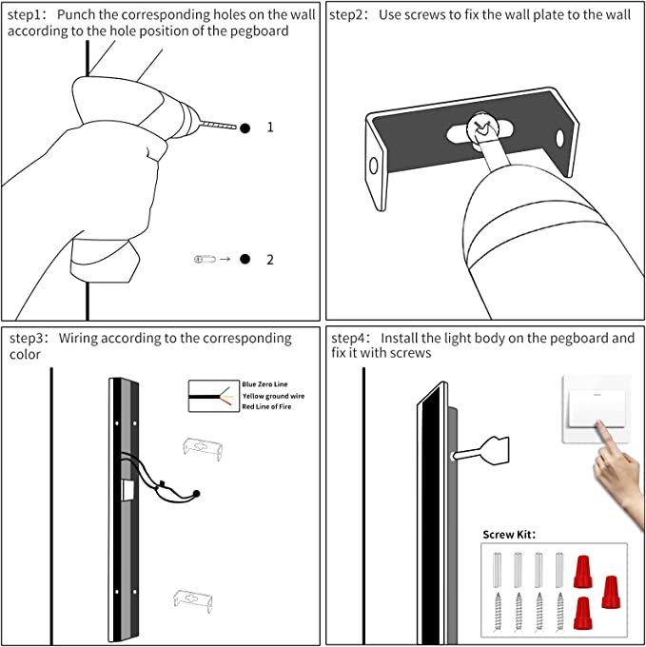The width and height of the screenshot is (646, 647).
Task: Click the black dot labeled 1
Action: coord(245,128)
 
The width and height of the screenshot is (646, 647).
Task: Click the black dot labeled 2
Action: coord(245,259)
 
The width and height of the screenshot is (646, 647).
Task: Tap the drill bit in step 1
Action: coord(219,125)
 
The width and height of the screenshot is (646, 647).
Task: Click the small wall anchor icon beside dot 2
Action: coord(205,259)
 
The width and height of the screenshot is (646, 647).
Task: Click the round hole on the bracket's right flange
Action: coord(559,139)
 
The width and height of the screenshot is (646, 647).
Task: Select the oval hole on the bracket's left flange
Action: coord(374,166)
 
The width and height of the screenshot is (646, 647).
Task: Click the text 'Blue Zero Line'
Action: coord(264,384)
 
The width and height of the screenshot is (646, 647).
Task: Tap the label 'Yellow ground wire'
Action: coord(273,396)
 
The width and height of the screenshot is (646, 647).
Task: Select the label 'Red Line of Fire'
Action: coord(266,407)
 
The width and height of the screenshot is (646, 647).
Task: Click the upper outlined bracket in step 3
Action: coord(203,448)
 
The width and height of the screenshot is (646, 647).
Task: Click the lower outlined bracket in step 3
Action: coord(192,600)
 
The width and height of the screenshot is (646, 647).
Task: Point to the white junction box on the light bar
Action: coord(127,490)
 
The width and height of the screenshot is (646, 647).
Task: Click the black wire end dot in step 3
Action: coord(196,494)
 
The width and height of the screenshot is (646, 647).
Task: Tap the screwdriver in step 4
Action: coord(481,450)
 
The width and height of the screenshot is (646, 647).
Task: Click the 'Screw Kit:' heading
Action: coord(509,535)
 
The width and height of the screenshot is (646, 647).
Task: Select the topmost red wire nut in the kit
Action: coord(583,572)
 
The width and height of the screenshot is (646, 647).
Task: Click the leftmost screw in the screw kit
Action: coord(498,612)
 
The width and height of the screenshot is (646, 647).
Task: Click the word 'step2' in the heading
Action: coord(346,15)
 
